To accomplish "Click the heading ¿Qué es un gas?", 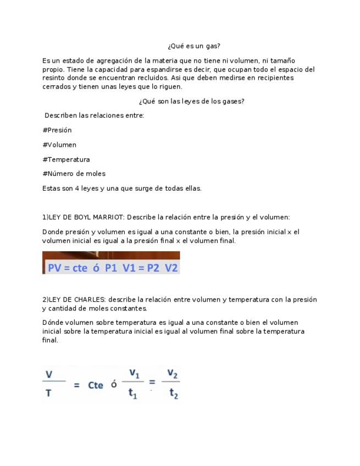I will [x=194, y=46].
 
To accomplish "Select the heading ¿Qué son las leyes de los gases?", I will [x=191, y=101].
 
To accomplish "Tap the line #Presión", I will [x=57, y=130].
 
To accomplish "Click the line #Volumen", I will [x=59, y=145].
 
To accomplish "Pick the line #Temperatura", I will [x=66, y=159].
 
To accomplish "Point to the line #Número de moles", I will [x=74, y=174].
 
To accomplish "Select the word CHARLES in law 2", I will [x=90, y=299].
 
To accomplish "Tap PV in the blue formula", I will [x=55, y=268].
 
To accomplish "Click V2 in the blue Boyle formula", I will [x=171, y=268].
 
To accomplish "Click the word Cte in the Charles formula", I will [x=96, y=385].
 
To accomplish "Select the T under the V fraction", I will [x=48, y=394].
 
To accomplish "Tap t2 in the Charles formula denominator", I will [x=173, y=394].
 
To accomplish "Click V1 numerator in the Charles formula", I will [x=133, y=373].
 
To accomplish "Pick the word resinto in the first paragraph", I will [x=54, y=78].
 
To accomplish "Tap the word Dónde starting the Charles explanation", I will [x=53, y=323].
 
